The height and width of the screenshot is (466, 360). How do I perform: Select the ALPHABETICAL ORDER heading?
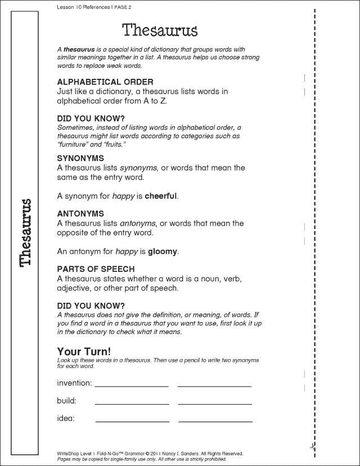[105, 82]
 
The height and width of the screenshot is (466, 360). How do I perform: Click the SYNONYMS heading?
[80, 158]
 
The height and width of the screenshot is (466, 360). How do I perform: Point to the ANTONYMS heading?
[81, 214]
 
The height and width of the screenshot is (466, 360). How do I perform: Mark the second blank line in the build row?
[214, 404]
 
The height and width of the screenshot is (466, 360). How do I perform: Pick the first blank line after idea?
[132, 421]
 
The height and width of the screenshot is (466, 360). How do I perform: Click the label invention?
[74, 383]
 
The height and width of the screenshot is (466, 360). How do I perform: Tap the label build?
[66, 401]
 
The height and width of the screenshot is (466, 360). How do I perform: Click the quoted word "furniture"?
[74, 145]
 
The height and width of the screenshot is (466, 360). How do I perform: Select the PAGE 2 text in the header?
[113, 7]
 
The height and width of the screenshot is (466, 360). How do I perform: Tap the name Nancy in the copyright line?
[174, 452]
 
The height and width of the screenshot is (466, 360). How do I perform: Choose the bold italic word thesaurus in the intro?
[78, 50]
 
